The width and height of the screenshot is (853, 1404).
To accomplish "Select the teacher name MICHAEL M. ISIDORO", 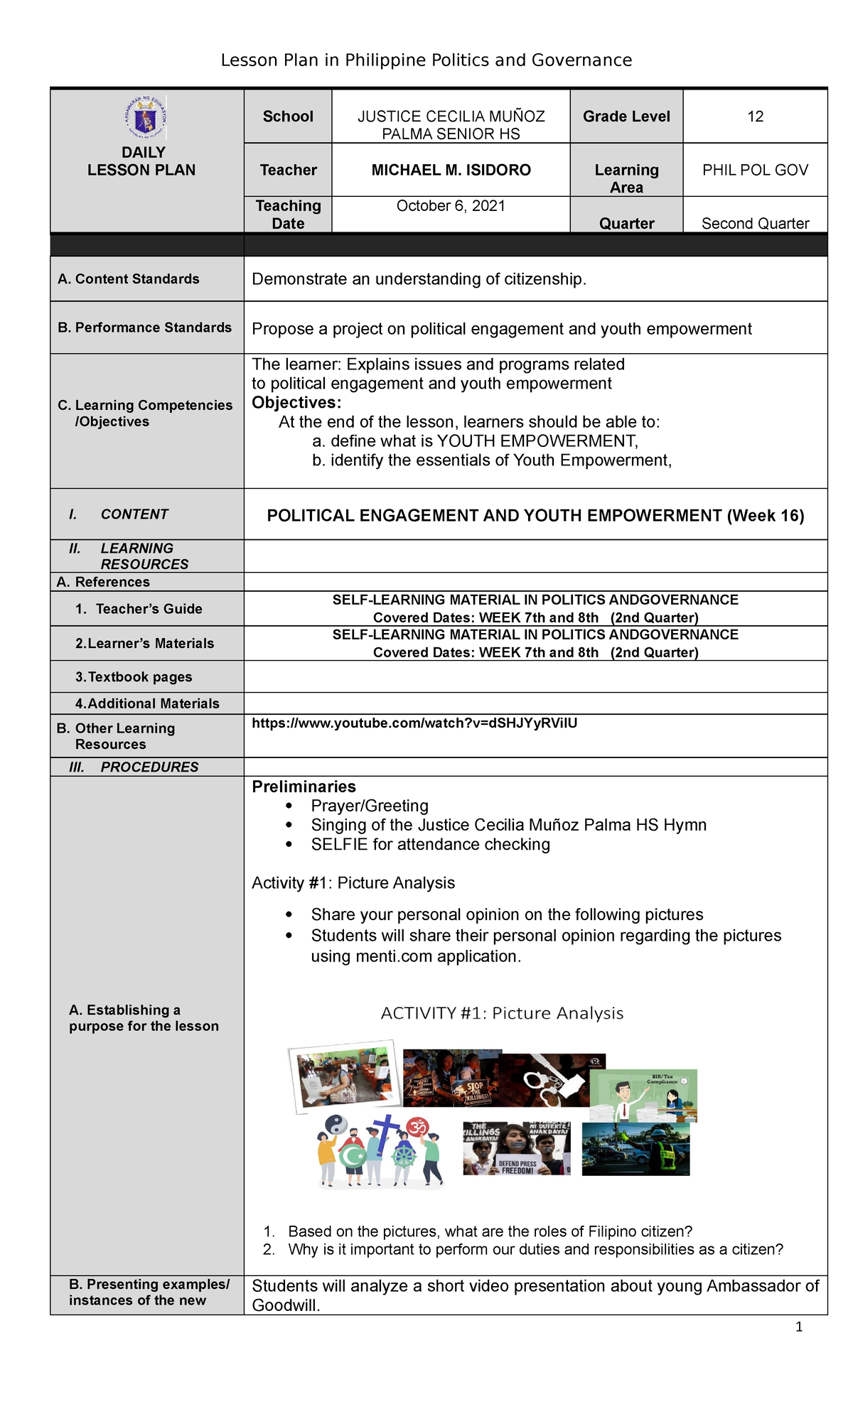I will (451, 171).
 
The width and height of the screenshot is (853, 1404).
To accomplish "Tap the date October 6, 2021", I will (451, 206).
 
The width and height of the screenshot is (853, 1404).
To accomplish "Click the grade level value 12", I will (755, 117).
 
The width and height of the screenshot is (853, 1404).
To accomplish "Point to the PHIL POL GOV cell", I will (755, 171).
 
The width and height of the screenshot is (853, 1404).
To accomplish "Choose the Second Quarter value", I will (755, 224).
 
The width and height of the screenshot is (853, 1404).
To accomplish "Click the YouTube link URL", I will (414, 723).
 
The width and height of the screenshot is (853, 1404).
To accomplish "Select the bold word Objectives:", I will (296, 403).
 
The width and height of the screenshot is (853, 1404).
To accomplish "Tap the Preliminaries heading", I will (304, 787).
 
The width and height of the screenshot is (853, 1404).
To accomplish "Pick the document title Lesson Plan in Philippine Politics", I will (426, 60).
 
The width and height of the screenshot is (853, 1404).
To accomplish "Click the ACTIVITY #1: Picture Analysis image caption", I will (502, 1013).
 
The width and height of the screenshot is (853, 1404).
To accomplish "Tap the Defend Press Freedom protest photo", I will (517, 1148).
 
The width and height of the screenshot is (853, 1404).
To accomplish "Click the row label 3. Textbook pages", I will (134, 677).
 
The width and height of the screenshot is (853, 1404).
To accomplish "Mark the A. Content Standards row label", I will (128, 279).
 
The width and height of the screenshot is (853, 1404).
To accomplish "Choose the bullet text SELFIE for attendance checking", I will (430, 845).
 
